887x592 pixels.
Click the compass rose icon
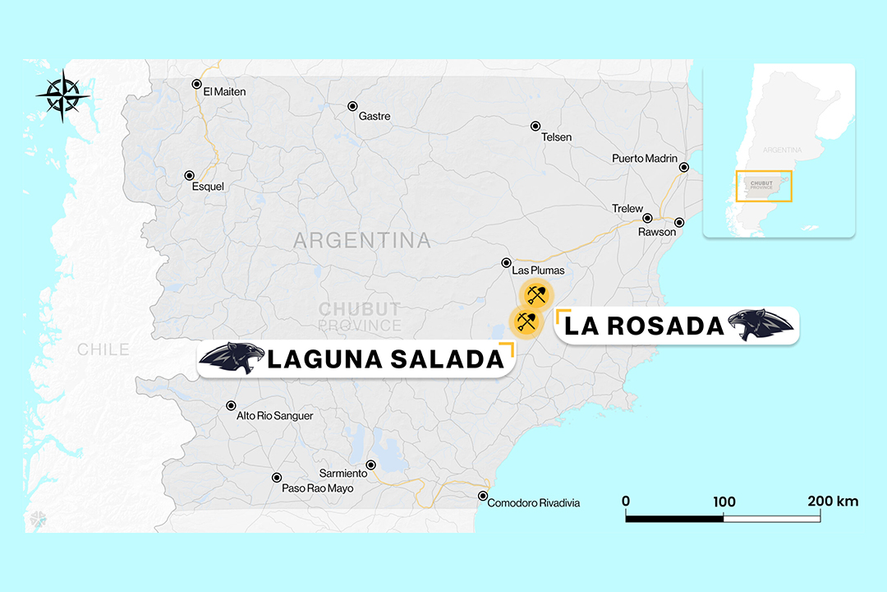tap(63, 95)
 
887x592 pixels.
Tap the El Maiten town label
tap(224, 91)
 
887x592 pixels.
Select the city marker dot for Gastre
tap(352, 106)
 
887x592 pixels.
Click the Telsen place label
tap(556, 136)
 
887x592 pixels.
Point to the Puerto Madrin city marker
tap(683, 168)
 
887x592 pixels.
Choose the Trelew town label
tap(627, 209)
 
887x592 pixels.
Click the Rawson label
tap(657, 232)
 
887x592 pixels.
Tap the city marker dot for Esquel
tap(190, 175)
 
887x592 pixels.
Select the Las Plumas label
tap(538, 270)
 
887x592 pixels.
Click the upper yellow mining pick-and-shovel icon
tap(536, 294)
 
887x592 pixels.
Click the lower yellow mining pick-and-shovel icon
tap(526, 321)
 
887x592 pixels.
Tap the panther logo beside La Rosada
tap(761, 326)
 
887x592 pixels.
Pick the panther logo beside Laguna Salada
tap(232, 358)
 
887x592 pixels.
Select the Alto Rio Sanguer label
tap(274, 416)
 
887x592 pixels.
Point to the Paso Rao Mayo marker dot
tap(277, 478)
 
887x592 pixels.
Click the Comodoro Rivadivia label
tap(533, 502)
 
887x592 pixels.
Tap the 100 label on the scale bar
tap(724, 502)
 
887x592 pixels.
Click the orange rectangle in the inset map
tap(764, 186)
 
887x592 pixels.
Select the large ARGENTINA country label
tap(361, 241)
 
